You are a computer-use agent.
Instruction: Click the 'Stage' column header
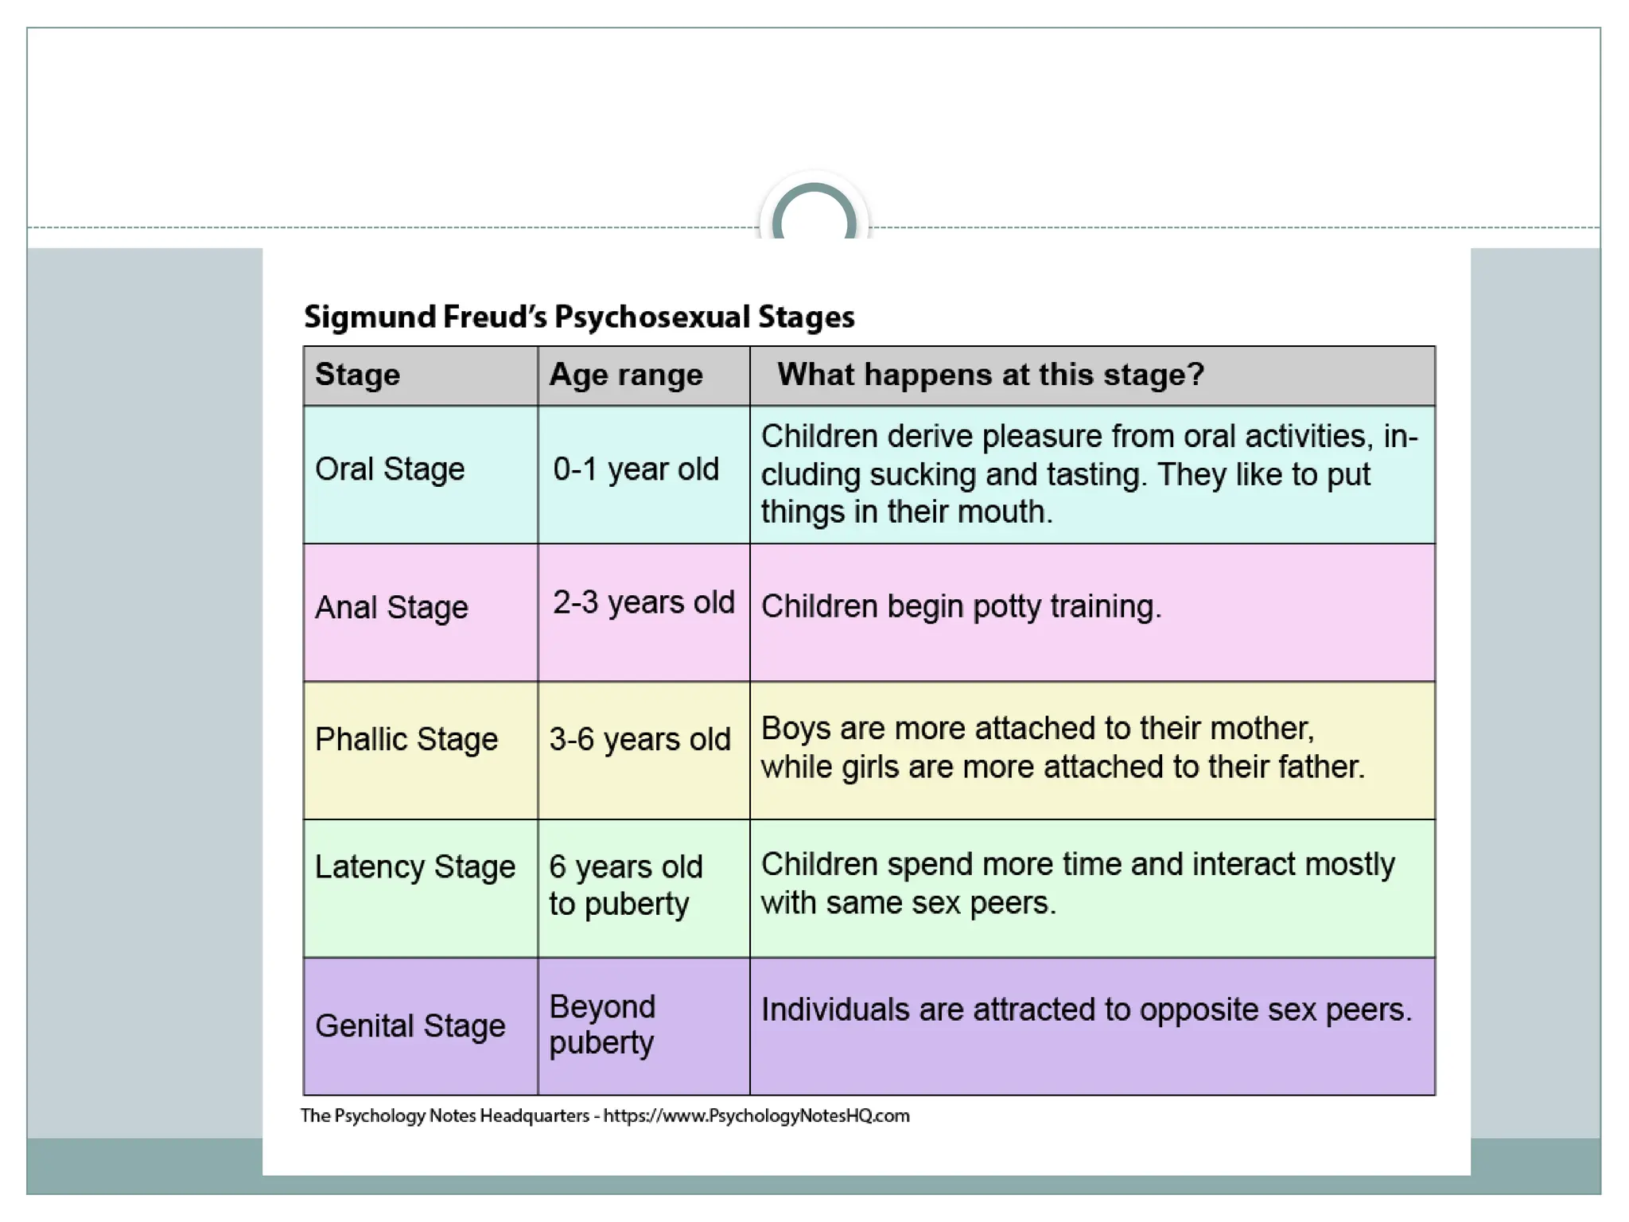[x=358, y=375]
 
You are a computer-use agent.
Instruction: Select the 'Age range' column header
[x=626, y=375]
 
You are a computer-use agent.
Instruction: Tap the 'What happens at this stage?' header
[x=990, y=375]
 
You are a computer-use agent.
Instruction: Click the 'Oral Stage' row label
[x=390, y=469]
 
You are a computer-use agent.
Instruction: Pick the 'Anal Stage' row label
[x=391, y=608]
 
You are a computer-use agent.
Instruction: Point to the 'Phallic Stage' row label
[x=406, y=740]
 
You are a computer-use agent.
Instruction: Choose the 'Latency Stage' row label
[x=415, y=866]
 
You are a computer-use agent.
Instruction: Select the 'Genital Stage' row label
[x=410, y=1026]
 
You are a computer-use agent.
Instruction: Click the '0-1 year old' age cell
[x=636, y=469]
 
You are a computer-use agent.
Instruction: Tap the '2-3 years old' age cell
[x=643, y=603]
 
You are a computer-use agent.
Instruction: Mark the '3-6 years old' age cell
[x=640, y=740]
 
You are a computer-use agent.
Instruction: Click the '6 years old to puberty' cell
[x=626, y=885]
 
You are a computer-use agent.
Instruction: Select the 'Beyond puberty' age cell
[x=602, y=1025]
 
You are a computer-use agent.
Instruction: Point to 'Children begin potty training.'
[x=961, y=607]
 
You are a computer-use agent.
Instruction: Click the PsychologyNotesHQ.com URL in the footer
[x=756, y=1116]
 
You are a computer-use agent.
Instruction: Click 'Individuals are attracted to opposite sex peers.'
[x=1087, y=1010]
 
